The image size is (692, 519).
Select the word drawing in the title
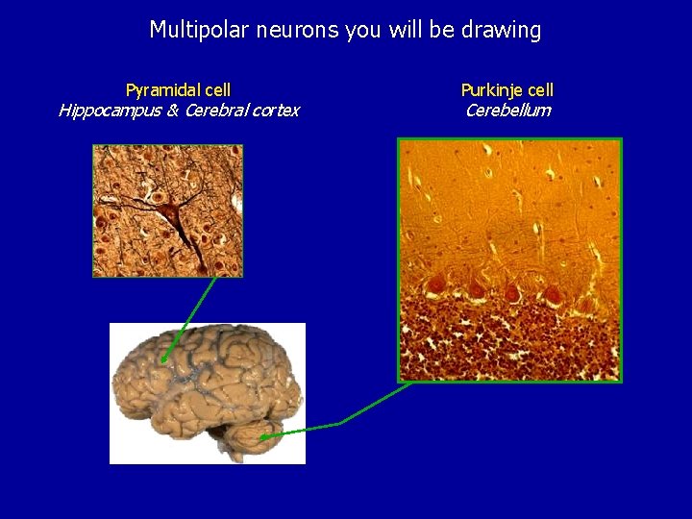[502, 30]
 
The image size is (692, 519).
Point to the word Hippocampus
[103, 110]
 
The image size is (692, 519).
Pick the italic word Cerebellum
[507, 110]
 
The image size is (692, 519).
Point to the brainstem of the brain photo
[223, 442]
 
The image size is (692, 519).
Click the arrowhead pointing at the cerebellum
[262, 436]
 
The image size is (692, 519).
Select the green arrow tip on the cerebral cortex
[163, 360]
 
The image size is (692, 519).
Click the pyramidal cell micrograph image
[167, 210]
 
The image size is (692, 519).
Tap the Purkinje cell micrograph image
[510, 259]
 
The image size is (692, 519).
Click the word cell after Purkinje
[539, 90]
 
